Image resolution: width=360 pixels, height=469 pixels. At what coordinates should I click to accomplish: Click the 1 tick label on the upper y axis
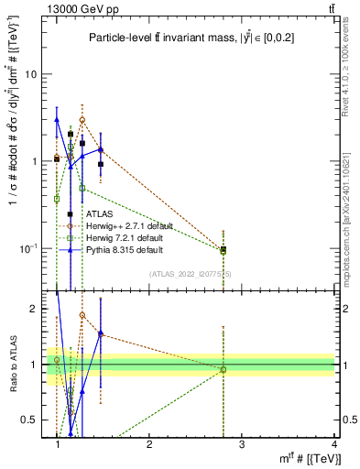(37, 161)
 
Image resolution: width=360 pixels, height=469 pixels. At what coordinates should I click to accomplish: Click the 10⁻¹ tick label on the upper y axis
(31, 247)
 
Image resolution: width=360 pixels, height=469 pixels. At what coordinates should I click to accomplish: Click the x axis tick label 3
(241, 444)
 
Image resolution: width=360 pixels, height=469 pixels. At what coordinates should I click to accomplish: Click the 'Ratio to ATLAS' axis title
(12, 365)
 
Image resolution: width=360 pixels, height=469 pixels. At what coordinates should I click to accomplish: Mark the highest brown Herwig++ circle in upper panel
(82, 120)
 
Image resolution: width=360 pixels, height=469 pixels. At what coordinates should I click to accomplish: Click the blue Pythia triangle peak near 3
(58, 119)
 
